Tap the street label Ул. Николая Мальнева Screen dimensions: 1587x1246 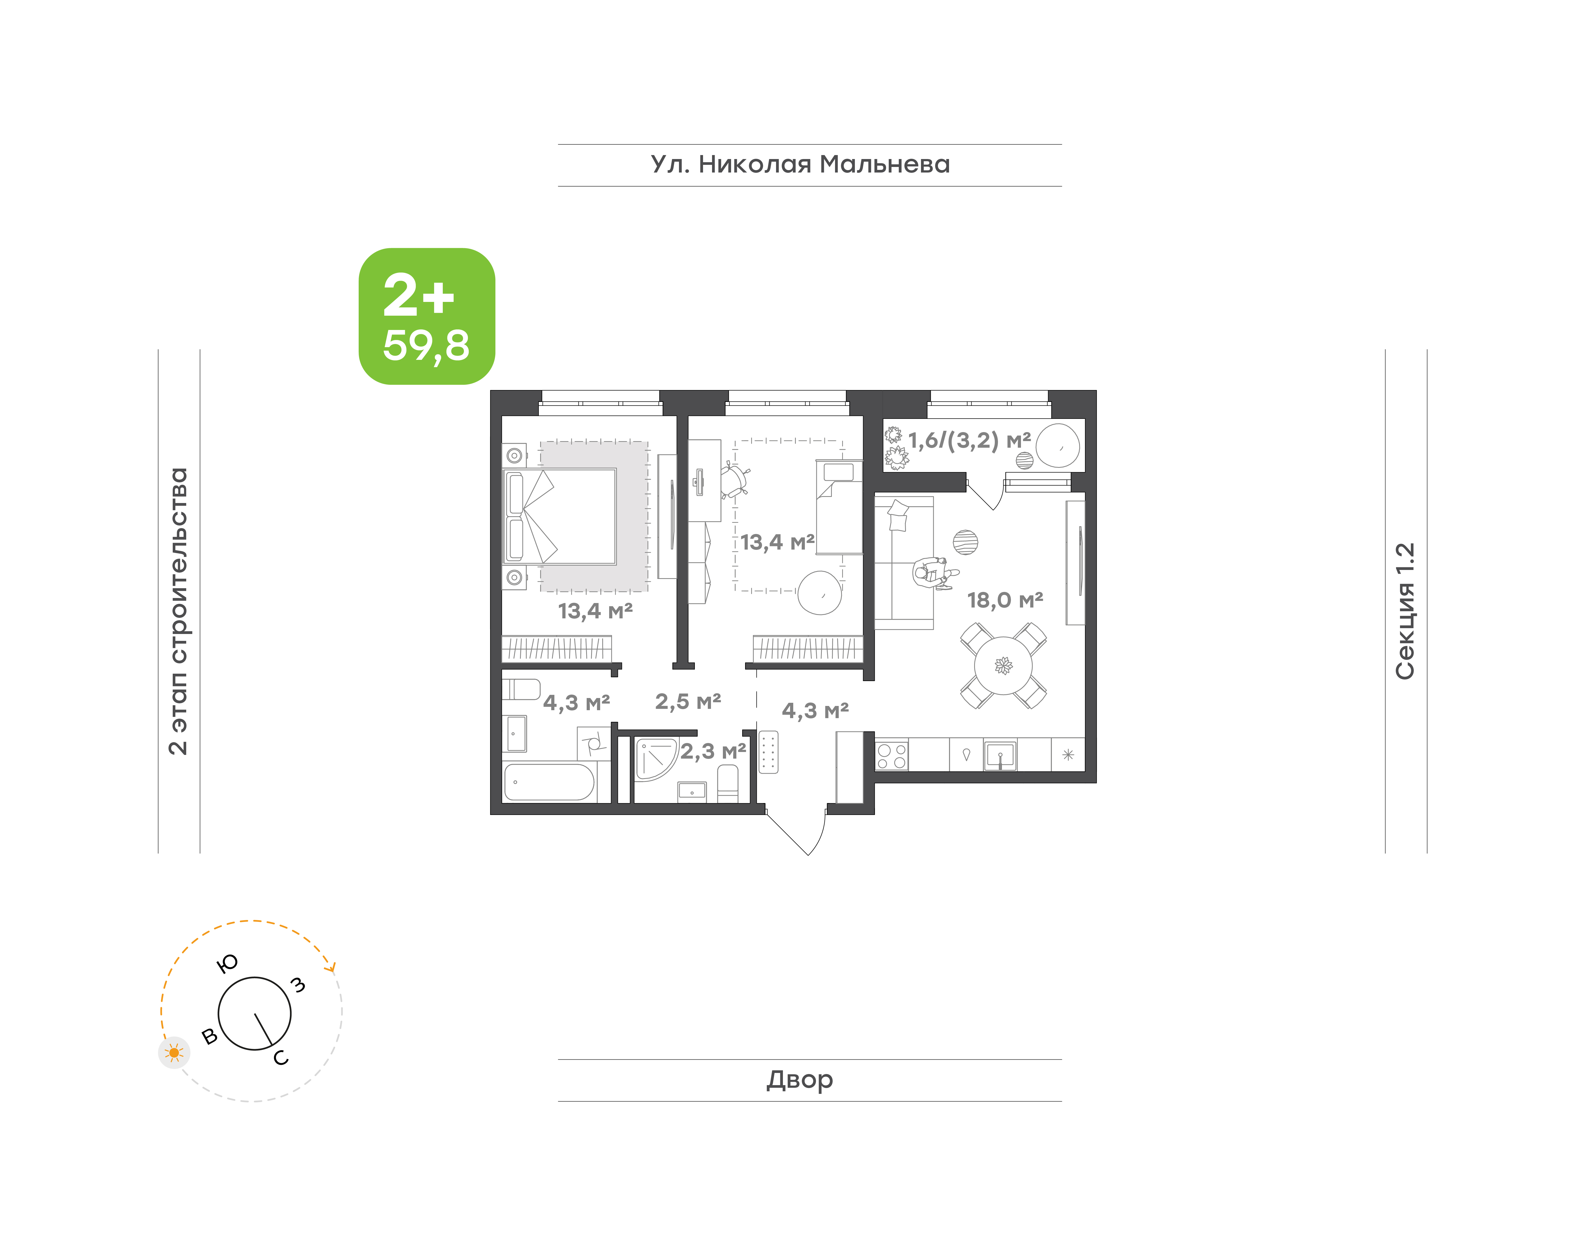pyautogui.click(x=800, y=165)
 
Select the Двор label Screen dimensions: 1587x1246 pyautogui.click(x=799, y=1080)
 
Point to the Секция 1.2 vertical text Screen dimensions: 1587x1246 pyautogui.click(x=1405, y=611)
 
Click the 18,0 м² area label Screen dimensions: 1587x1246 pyautogui.click(x=1005, y=600)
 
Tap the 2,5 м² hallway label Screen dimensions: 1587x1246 pyautogui.click(x=688, y=702)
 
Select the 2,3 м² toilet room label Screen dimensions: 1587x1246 pyautogui.click(x=713, y=751)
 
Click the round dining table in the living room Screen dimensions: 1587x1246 pyautogui.click(x=1004, y=665)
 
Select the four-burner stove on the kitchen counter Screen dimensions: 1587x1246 pyautogui.click(x=891, y=755)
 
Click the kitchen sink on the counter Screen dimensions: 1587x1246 pyautogui.click(x=1000, y=755)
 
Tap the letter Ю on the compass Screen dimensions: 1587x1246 pyautogui.click(x=227, y=964)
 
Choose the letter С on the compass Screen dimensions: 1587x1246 pyautogui.click(x=281, y=1058)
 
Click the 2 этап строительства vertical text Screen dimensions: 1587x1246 pyautogui.click(x=178, y=611)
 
